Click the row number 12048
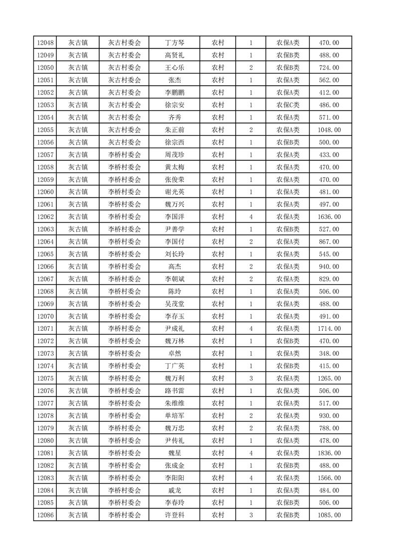pos(45,43)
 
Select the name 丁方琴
pos(174,43)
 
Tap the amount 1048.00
pos(329,130)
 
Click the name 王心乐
pos(174,68)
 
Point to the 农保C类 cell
pos(288,105)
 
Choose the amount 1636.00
pos(329,217)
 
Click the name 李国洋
pos(174,217)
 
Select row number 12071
pos(45,329)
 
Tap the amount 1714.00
pos(329,329)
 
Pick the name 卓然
pos(174,354)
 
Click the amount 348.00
pos(329,354)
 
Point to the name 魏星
pos(174,453)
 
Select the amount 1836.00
pos(329,453)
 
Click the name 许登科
pos(174,515)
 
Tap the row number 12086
pos(45,515)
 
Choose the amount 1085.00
pos(329,515)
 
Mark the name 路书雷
pos(174,391)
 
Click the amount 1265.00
pos(329,379)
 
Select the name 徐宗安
pos(174,105)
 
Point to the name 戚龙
pos(174,490)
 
